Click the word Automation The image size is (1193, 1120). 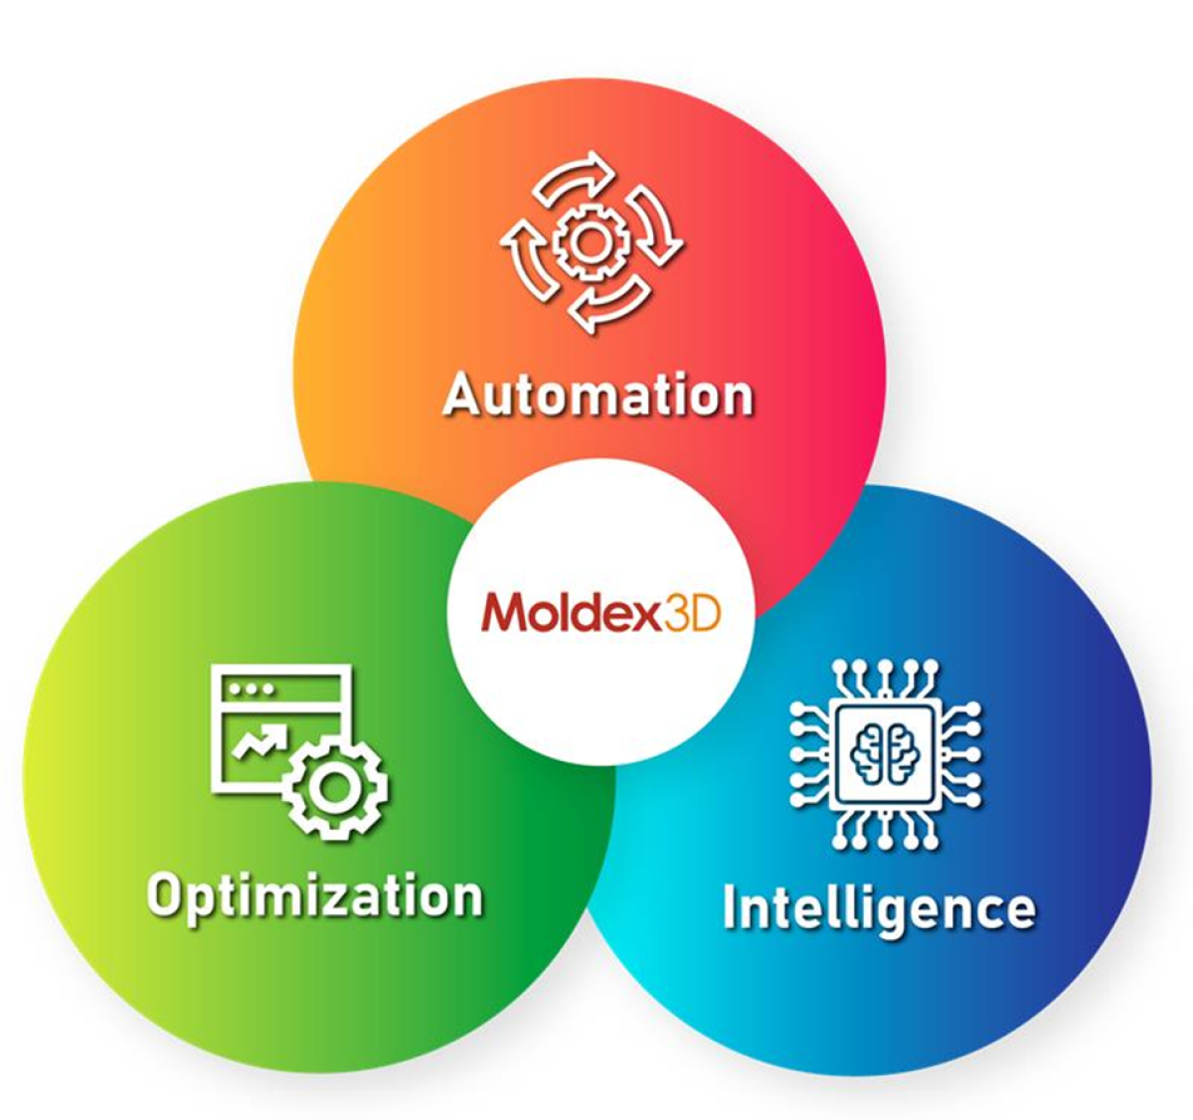tap(597, 395)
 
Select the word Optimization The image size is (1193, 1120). tap(315, 898)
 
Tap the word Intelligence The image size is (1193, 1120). tap(880, 909)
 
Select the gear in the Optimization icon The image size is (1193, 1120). tap(335, 788)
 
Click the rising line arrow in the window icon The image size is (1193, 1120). tap(259, 739)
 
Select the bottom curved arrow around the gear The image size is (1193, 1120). tap(608, 305)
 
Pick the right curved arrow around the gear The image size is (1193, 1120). tap(655, 224)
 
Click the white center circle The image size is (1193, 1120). tap(600, 612)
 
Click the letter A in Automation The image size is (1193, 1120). tap(461, 394)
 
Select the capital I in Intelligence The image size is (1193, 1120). tap(731, 906)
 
